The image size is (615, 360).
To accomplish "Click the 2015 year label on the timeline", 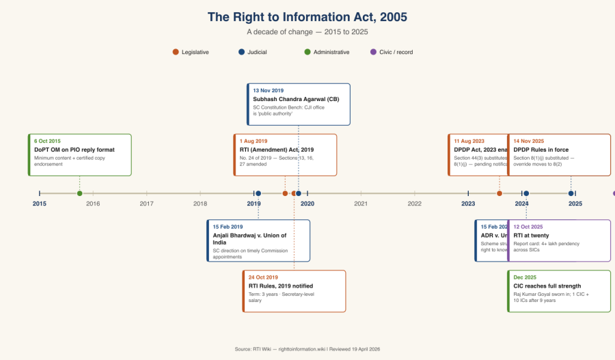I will pos(40,204).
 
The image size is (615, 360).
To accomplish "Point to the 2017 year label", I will pos(146,204).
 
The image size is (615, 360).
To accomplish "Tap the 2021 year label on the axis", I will pos(361,204).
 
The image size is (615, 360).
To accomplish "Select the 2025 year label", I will pos(575,204).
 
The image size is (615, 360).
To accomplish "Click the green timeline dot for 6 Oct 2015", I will pos(80,193).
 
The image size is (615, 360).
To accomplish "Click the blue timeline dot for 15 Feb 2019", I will pos(258,193).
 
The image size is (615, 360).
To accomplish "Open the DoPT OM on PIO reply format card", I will pos(80,155).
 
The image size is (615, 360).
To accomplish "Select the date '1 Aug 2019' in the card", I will pos(254,141).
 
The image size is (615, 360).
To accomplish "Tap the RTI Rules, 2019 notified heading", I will pos(281,286).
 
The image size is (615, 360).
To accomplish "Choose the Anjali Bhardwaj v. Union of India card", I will pos(258,240).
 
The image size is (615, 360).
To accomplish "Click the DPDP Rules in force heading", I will pos(541,150).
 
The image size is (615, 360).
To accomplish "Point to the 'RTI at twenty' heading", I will pos(531,235).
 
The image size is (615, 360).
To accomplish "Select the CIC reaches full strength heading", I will pos(547,286).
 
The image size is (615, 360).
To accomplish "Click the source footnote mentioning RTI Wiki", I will pos(307,348).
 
